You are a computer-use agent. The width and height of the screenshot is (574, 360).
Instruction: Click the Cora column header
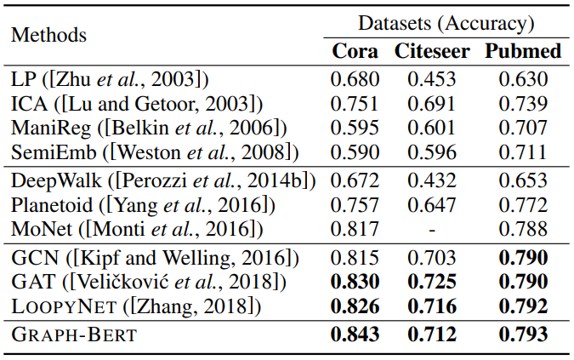[x=355, y=51]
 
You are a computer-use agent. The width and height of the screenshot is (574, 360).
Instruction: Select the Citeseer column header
[x=431, y=51]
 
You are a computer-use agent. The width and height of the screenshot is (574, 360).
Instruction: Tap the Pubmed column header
[x=523, y=51]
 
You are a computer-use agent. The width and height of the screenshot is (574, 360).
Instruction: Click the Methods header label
[x=48, y=35]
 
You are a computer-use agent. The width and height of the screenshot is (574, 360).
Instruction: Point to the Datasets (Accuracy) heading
[x=446, y=23]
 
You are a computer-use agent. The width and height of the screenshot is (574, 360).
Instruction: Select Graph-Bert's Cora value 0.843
[x=355, y=334]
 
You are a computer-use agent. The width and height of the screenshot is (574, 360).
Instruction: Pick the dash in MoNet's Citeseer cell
[x=431, y=230]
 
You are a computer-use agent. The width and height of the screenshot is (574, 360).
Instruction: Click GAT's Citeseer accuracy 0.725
[x=431, y=281]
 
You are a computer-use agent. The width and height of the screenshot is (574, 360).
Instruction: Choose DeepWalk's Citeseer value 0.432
[x=431, y=180]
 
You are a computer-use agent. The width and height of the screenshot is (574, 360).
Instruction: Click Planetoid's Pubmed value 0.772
[x=523, y=205]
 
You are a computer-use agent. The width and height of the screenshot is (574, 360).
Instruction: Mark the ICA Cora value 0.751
[x=355, y=104]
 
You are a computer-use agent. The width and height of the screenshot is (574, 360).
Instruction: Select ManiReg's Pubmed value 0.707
[x=523, y=129]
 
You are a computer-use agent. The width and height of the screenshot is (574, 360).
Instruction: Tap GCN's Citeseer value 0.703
[x=431, y=256]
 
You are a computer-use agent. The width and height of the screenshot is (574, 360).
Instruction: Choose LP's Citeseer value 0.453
[x=431, y=79]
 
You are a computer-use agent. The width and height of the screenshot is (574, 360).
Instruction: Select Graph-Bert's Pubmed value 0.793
[x=523, y=334]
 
